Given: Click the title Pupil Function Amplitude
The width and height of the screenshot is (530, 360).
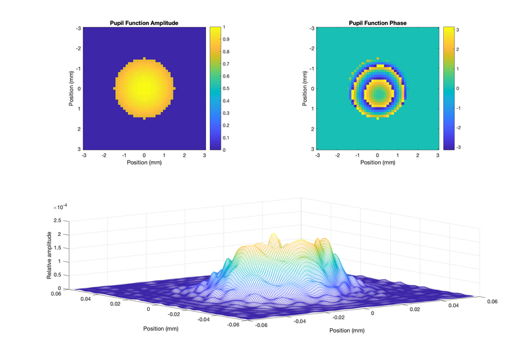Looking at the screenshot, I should coord(144,23).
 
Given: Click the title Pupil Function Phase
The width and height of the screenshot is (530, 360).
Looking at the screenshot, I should coord(378,23).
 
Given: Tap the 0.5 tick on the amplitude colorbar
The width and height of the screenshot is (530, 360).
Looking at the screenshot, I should coord(227,88).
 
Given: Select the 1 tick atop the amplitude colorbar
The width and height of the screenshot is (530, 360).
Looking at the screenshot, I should coord(225,27).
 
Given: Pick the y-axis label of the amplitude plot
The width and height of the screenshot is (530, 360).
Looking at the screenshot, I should coord(70,88).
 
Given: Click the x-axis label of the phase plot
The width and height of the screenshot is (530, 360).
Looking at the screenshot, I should coord(378,162).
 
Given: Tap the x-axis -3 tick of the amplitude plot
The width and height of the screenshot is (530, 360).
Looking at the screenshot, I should coord(84,155).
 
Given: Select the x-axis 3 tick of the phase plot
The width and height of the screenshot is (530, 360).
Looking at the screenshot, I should coord(438,155).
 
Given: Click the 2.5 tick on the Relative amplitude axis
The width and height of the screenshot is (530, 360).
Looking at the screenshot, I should coord(57,220).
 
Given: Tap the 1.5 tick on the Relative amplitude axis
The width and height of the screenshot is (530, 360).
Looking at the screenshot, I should coord(57,247).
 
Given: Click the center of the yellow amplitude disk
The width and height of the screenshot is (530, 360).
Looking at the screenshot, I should coord(144,88).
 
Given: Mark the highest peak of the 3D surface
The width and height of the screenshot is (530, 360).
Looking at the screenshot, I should coord(272,237).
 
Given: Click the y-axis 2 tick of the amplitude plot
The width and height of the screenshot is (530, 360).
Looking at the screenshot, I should coord(79,129).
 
